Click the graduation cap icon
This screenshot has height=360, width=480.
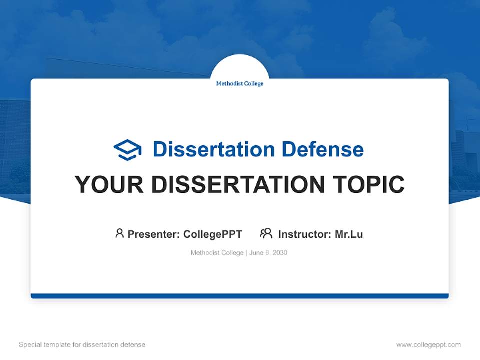point(127,150)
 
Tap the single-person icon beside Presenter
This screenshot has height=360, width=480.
point(119,233)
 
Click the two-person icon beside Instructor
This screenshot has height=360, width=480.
point(266,233)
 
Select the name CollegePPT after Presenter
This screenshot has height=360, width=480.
point(212,234)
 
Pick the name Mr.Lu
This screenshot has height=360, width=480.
point(349,234)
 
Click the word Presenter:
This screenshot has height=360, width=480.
point(154,234)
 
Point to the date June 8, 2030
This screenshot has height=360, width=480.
point(268,253)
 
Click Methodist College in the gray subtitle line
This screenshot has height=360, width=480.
point(217,253)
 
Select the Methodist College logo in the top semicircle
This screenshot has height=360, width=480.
point(240,84)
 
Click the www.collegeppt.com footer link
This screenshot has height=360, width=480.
point(428,345)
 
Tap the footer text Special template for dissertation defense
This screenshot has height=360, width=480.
point(82,345)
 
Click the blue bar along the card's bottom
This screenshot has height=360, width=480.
point(240,296)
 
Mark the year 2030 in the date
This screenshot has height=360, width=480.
point(280,253)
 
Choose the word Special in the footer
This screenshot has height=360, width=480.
point(30,345)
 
